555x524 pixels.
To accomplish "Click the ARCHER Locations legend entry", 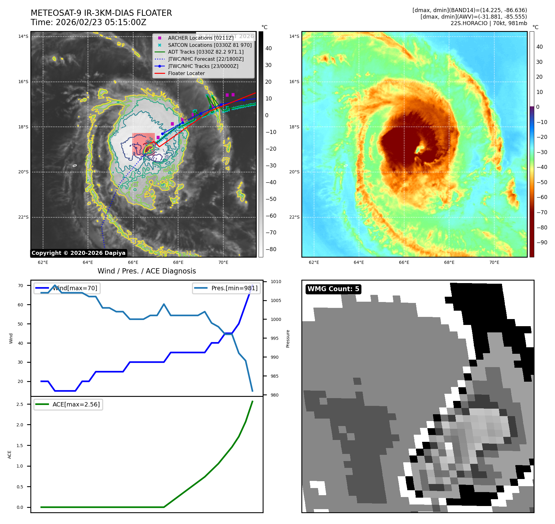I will click(x=201, y=38).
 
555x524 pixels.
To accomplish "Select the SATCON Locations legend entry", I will click(x=209, y=45).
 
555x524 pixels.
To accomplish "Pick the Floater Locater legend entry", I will click(x=186, y=73).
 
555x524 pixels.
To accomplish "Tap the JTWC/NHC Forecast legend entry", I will click(x=206, y=59).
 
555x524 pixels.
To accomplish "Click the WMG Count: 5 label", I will click(x=333, y=289).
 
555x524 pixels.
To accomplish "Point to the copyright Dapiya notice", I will click(x=78, y=253).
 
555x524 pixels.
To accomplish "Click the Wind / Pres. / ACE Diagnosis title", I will click(x=146, y=271).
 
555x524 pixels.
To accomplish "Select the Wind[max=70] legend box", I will click(x=67, y=288).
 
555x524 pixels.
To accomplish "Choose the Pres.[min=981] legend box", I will click(x=226, y=288).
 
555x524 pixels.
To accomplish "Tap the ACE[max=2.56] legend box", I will click(x=68, y=404).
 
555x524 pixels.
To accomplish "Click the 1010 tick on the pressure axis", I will click(x=276, y=282).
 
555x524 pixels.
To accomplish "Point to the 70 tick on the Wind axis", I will click(x=20, y=286).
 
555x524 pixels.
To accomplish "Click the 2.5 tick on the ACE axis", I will click(x=20, y=404).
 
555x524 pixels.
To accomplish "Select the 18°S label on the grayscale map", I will click(x=23, y=127).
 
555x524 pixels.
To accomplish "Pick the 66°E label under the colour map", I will click(x=404, y=263).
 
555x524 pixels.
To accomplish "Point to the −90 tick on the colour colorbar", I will click(x=542, y=242).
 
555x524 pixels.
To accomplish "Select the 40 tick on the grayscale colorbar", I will click(x=269, y=48).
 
